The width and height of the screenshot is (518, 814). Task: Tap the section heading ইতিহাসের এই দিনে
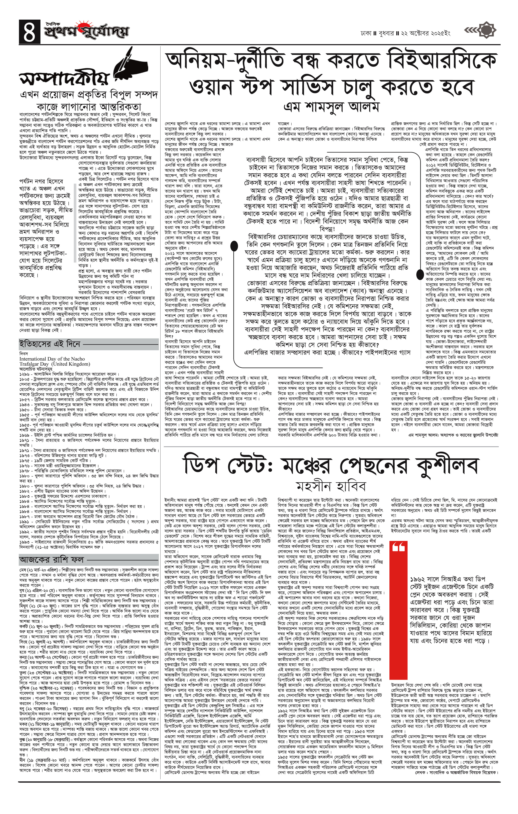pyautogui.click(x=50, y=344)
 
